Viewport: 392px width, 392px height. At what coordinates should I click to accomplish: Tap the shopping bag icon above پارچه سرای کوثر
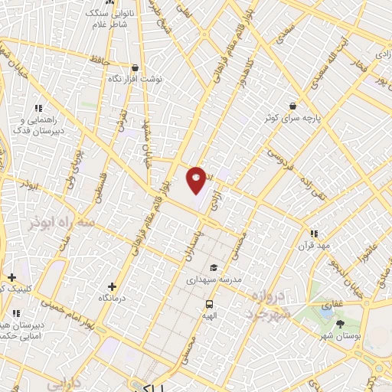(292, 106)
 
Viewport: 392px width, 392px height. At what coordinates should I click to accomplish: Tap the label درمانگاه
(113, 297)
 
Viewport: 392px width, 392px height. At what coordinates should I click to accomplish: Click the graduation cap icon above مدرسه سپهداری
(214, 266)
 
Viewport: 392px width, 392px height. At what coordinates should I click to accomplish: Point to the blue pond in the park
(327, 311)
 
